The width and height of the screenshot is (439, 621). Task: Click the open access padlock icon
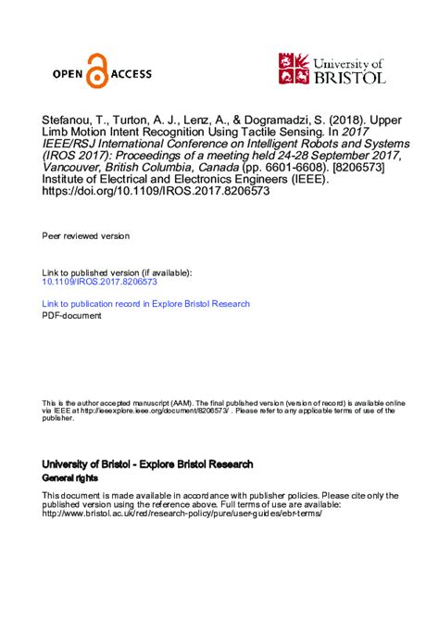pyautogui.click(x=97, y=72)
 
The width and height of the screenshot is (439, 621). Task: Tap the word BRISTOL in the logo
pyautogui.click(x=350, y=78)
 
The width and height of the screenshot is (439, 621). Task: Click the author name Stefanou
pyautogui.click(x=70, y=120)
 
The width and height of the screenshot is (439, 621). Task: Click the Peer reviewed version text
pyautogui.click(x=87, y=237)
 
